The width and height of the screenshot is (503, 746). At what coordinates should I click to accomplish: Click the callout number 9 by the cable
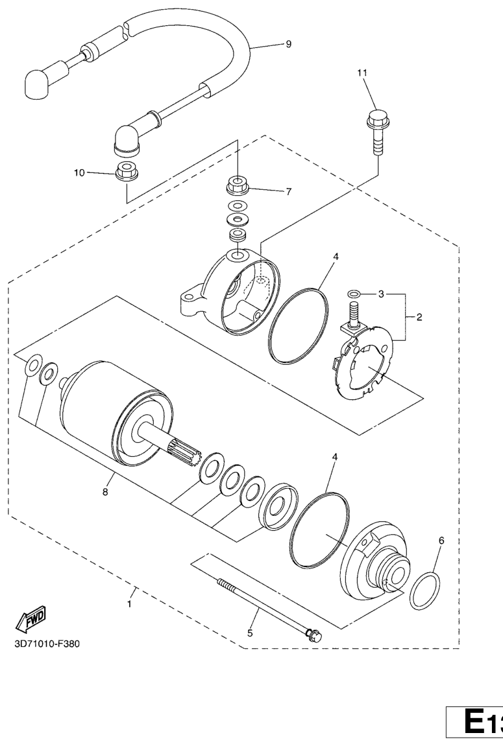(288, 44)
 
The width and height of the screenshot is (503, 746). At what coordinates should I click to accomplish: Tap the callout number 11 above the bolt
(362, 73)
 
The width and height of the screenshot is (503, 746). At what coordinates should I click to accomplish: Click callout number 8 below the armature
(105, 491)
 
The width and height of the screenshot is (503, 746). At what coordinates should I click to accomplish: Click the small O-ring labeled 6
(424, 591)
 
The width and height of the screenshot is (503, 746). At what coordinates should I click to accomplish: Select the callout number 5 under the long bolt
(250, 633)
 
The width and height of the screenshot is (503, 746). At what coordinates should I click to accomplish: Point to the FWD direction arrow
(31, 618)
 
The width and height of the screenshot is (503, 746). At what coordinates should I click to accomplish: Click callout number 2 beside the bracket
(419, 317)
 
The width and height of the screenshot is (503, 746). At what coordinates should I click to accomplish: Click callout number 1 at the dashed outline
(129, 604)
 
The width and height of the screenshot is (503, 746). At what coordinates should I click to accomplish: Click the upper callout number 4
(336, 257)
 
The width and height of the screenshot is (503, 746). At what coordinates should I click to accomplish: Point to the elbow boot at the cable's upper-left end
(37, 84)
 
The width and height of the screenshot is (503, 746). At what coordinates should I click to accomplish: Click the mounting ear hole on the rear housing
(189, 298)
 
